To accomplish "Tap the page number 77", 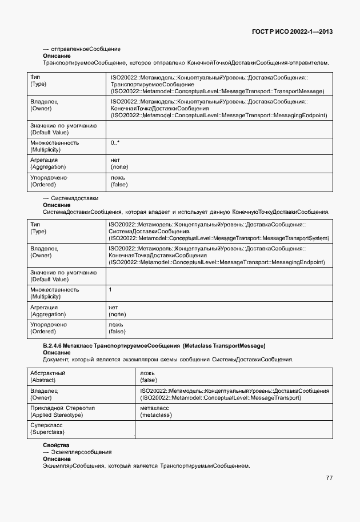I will click(x=329, y=478).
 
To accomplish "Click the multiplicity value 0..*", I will click(x=115, y=142).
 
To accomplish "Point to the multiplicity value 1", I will click(x=110, y=290).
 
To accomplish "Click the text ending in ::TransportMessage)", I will click(x=218, y=91).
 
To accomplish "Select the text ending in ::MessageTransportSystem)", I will click(x=218, y=238).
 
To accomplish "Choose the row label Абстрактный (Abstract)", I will click(x=47, y=376).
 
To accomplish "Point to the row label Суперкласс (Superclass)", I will click(x=46, y=429).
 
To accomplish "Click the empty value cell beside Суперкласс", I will click(x=234, y=429).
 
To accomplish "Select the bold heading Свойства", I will click(x=56, y=445).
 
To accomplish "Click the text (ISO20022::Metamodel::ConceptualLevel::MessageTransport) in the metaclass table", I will click(x=220, y=397).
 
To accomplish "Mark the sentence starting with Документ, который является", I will click(x=168, y=360).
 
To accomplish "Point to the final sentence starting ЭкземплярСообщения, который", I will click(x=146, y=465).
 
